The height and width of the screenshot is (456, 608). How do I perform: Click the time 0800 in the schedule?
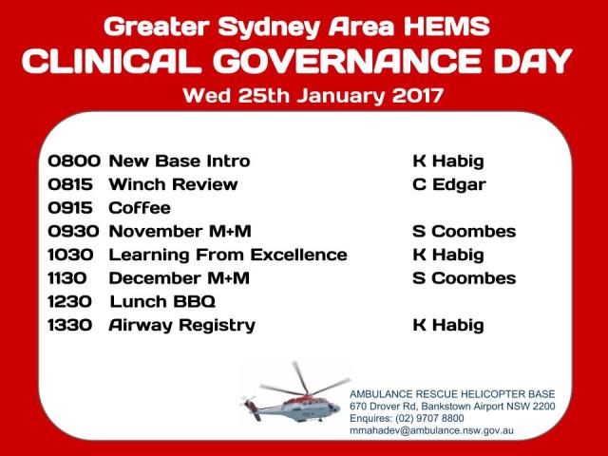click(x=75, y=161)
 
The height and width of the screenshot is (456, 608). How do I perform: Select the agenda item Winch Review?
click(x=173, y=184)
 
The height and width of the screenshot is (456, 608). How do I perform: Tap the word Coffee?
click(x=140, y=208)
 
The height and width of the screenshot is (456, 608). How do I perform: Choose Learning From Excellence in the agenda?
click(x=228, y=255)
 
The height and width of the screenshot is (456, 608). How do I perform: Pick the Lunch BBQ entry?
click(x=162, y=302)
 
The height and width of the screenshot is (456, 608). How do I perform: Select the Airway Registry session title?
click(x=181, y=326)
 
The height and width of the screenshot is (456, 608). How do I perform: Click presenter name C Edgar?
click(x=448, y=184)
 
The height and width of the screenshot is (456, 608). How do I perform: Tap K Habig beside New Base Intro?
click(x=447, y=161)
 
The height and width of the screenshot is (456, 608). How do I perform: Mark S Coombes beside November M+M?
click(x=464, y=231)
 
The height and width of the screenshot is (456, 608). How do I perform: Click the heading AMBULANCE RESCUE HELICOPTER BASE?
click(x=451, y=393)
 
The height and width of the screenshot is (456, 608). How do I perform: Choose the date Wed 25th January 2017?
click(x=313, y=95)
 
